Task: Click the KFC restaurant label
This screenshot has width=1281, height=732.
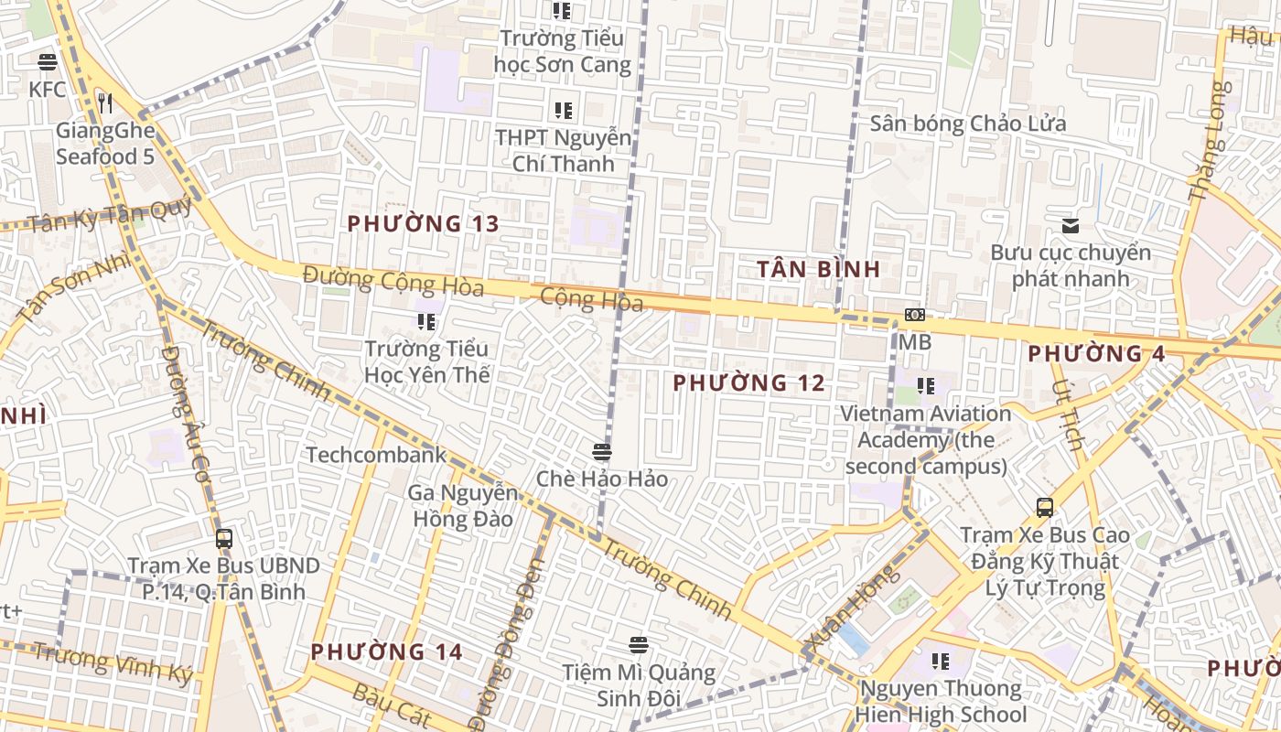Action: coord(48,89)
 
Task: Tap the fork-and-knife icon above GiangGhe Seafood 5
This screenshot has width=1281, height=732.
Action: coord(105,102)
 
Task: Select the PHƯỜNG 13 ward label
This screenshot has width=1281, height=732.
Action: coord(424,223)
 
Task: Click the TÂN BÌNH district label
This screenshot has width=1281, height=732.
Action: coord(819,269)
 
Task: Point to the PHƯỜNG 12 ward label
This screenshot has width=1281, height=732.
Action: coord(748,383)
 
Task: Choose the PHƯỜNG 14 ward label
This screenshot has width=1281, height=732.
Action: coord(386,652)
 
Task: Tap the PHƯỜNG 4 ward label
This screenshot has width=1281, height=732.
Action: coord(1096,354)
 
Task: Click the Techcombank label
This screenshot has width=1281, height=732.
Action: coord(376,455)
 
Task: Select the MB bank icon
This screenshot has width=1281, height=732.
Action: coord(914,316)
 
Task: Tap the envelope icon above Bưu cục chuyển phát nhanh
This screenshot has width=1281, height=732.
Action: coord(1070,226)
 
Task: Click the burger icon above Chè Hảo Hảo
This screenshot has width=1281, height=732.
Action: coord(601,452)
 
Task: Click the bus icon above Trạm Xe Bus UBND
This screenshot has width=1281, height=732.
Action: coord(224,539)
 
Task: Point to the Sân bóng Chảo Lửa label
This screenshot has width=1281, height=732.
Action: coord(967,124)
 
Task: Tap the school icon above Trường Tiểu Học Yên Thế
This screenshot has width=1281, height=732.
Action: coord(426,322)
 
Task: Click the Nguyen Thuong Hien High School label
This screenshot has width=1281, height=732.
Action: coord(941,701)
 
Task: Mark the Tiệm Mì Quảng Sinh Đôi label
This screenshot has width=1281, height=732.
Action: coord(639,685)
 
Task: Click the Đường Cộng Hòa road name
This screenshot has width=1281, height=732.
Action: coord(393,280)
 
